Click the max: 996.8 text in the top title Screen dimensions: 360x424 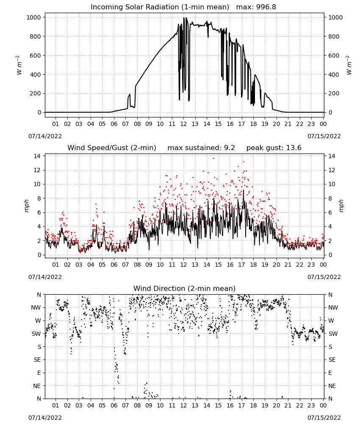pyautogui.click(x=256, y=7)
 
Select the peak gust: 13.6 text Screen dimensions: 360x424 pyautogui.click(x=274, y=148)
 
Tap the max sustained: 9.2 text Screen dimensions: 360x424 pyautogui.click(x=201, y=148)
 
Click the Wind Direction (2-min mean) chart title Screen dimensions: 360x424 pyautogui.click(x=185, y=288)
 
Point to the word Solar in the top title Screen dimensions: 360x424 pyautogui.click(x=151, y=7)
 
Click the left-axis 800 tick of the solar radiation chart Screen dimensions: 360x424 pyautogui.click(x=36, y=36)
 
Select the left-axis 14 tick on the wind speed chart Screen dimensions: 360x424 pyautogui.click(x=37, y=156)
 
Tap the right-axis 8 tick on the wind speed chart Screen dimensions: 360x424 pyautogui.click(x=330, y=198)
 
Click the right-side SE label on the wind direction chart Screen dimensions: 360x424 pyautogui.click(x=332, y=360)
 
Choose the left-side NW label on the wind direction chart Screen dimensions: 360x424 pyautogui.click(x=36, y=308)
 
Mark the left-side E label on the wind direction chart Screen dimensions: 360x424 pyautogui.click(x=39, y=373)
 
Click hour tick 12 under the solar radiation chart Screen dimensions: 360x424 pyautogui.click(x=183, y=124)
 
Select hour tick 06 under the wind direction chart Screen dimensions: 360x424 pyautogui.click(x=114, y=406)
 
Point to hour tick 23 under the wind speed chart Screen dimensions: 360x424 pyautogui.click(x=311, y=265)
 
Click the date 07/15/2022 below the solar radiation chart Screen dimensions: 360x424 pyautogui.click(x=324, y=136)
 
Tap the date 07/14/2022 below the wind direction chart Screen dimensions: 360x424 pyautogui.click(x=45, y=418)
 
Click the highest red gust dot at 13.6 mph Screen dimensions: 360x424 pyautogui.click(x=213, y=159)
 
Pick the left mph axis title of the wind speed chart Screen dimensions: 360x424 pyautogui.click(x=26, y=206)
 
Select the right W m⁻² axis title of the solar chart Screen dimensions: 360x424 pyautogui.click(x=349, y=65)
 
